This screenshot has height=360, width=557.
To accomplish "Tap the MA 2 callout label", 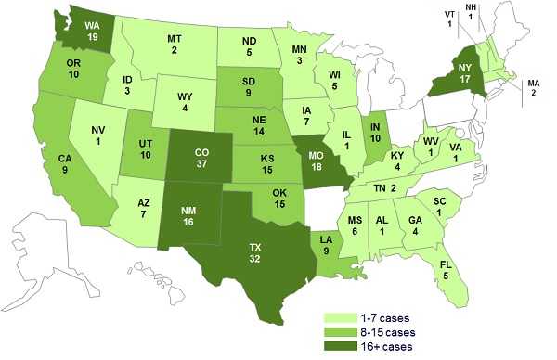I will tap(534, 88).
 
